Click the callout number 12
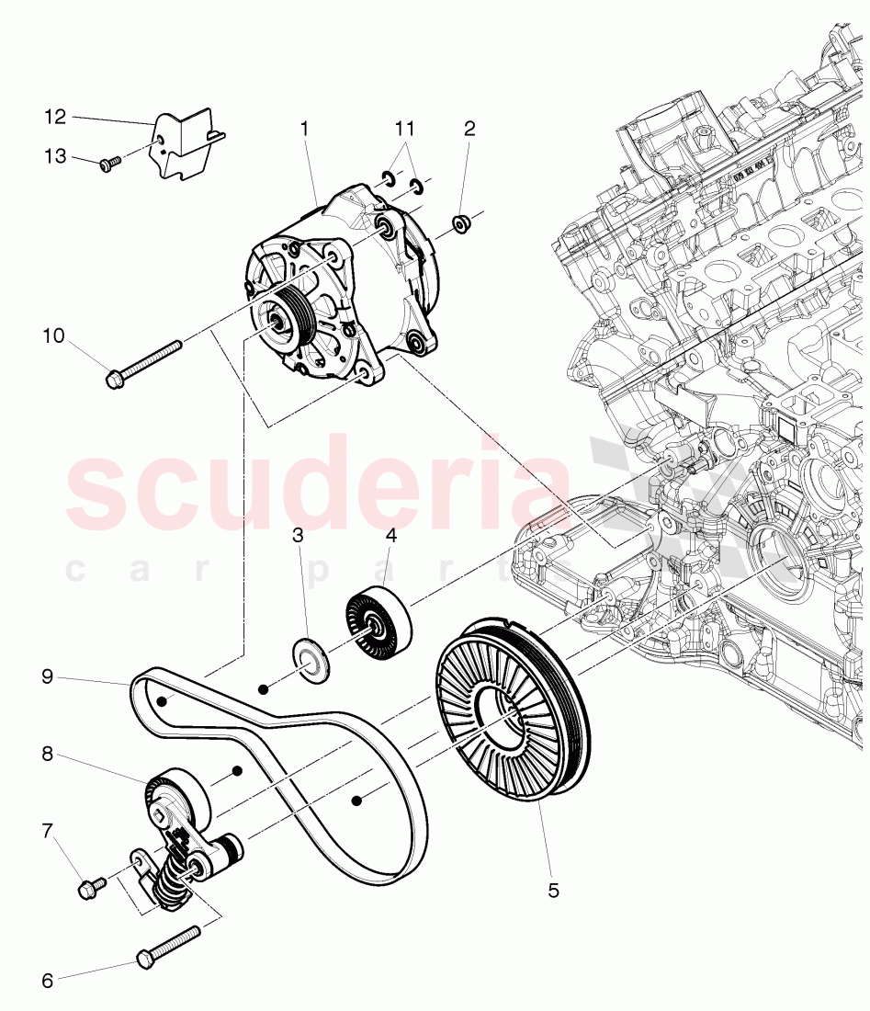54,117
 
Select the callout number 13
54,156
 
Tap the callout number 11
405,128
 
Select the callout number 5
553,890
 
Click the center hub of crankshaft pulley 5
503,716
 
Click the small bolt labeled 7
92,887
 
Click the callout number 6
48,981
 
